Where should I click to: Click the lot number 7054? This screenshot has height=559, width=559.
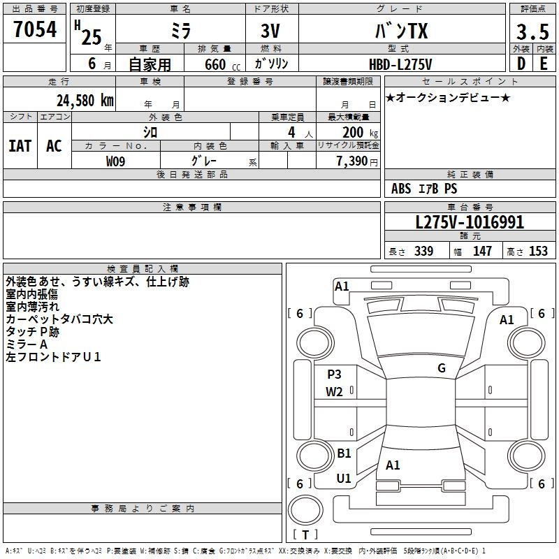tap(35, 29)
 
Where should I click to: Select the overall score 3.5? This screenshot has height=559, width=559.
tap(532, 31)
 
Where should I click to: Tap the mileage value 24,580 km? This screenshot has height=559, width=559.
tap(85, 101)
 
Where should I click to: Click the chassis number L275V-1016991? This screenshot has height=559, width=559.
tap(470, 222)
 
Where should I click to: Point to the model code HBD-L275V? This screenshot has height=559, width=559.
tap(400, 64)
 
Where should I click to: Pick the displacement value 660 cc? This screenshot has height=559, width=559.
tap(222, 65)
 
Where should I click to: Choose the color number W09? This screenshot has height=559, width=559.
tap(115, 161)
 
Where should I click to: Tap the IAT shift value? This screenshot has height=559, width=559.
tap(20, 146)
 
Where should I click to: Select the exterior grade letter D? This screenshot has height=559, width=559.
tap(521, 64)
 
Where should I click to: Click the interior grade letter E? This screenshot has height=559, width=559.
tap(544, 64)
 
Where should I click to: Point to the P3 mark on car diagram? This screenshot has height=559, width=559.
tap(334, 374)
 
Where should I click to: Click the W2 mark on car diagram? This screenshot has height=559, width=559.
tap(334, 392)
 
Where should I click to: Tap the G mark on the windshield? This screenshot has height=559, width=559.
tap(442, 368)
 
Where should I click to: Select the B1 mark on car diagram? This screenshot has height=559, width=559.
tap(344, 453)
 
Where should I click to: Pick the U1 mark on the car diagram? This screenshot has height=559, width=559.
tap(344, 478)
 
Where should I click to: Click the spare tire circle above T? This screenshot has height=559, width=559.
tap(305, 510)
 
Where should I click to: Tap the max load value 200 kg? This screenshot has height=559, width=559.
tap(360, 132)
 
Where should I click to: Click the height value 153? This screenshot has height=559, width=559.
tap(538, 251)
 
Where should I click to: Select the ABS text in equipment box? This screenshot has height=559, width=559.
tap(401, 189)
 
